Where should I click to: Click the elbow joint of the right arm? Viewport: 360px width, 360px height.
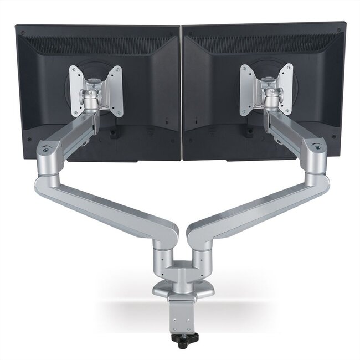(x=313, y=155)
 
